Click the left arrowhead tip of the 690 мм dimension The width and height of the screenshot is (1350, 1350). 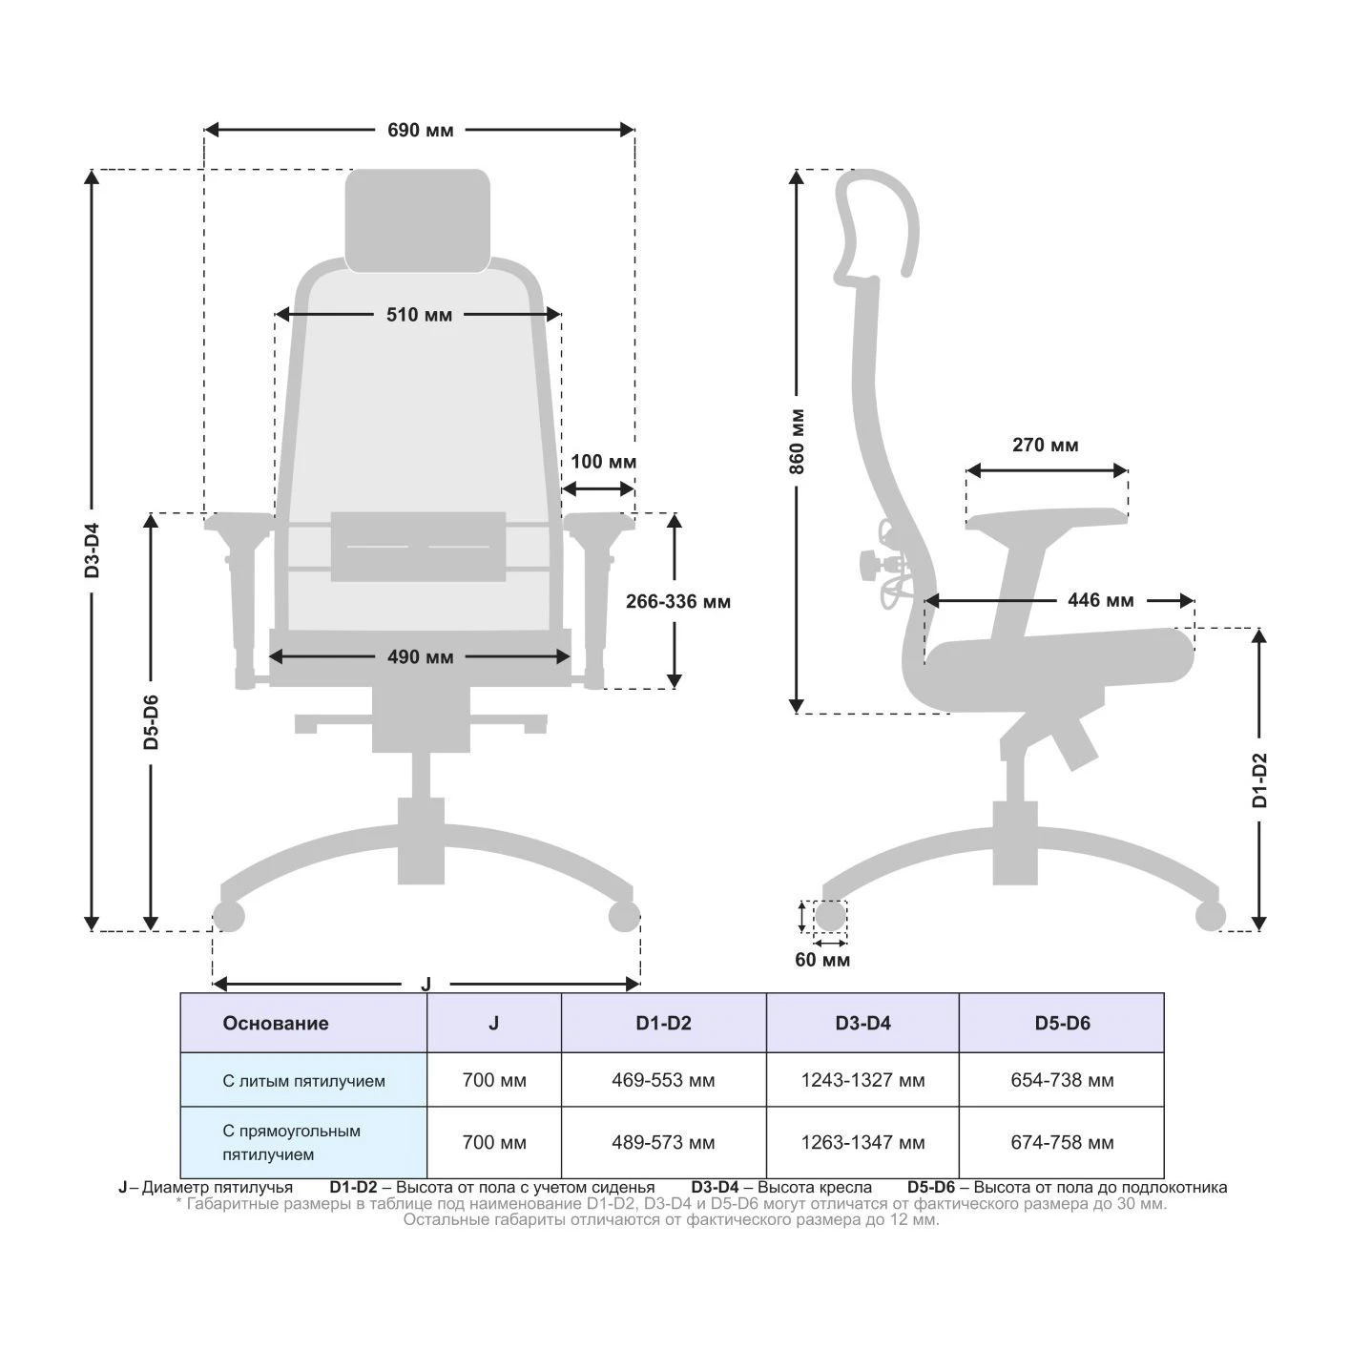[x=205, y=130]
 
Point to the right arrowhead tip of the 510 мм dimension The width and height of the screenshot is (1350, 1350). [x=561, y=314]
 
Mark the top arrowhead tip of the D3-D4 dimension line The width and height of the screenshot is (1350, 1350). [x=92, y=170]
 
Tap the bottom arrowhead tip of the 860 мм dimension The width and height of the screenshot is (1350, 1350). [x=796, y=713]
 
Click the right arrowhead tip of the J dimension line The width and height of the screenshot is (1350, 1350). [x=639, y=984]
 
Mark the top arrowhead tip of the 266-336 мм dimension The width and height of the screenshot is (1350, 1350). [x=674, y=513]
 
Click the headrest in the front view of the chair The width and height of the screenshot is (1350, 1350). [x=418, y=220]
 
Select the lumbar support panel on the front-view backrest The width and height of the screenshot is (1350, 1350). [x=418, y=547]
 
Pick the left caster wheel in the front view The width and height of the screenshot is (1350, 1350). [x=228, y=916]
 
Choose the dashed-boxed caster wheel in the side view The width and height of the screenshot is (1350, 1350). [x=830, y=916]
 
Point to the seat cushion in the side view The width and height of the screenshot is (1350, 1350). [x=1059, y=657]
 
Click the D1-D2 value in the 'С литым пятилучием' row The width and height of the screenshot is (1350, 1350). [x=663, y=1080]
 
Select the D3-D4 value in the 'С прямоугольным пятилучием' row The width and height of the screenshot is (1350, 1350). [x=862, y=1143]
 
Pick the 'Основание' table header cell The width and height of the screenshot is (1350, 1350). [x=303, y=1023]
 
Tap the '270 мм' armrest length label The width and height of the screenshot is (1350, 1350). [x=1046, y=445]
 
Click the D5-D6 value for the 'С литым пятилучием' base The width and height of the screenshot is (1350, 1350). [x=1062, y=1080]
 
